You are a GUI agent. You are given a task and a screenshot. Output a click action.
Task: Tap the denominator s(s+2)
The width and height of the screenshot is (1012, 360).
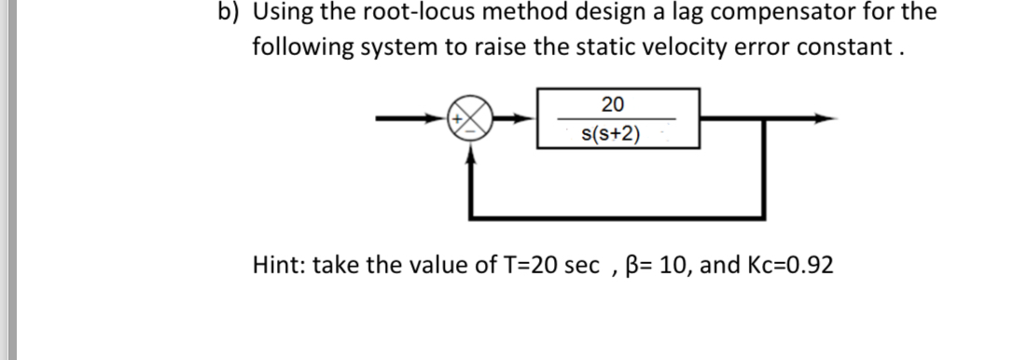click(611, 134)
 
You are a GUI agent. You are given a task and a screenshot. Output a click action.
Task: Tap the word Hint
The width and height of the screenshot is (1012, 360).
click(279, 265)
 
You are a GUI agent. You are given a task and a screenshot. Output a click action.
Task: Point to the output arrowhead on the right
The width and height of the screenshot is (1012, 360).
click(821, 118)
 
